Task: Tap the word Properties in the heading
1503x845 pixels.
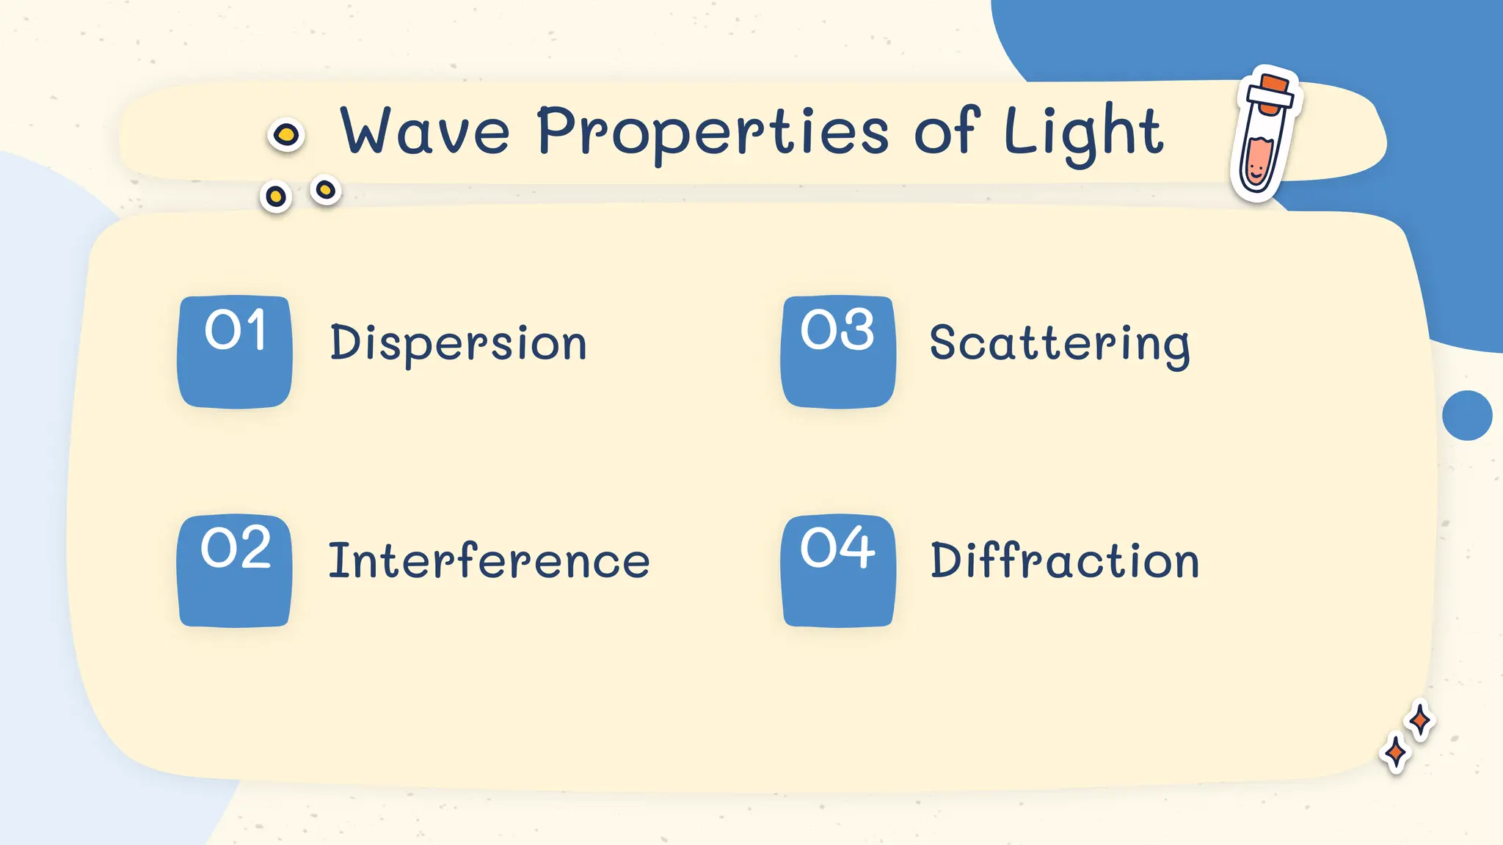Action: (x=713, y=133)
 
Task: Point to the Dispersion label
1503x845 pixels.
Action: (x=458, y=343)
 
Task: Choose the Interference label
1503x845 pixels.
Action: (x=489, y=561)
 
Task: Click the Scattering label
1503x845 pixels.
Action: (x=1059, y=343)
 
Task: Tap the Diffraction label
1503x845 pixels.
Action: (x=1065, y=561)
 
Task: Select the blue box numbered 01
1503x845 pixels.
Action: (x=235, y=352)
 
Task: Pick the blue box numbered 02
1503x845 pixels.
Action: (x=235, y=571)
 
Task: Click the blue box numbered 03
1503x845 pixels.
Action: (x=838, y=352)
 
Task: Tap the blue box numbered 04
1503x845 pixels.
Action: (x=838, y=571)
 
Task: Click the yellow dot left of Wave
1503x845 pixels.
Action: (x=286, y=135)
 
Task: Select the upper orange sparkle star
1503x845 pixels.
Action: (x=1420, y=720)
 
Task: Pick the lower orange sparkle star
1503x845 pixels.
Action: (x=1395, y=753)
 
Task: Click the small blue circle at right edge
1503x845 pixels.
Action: (x=1467, y=415)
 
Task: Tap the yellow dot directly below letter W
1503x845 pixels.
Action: (x=325, y=191)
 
